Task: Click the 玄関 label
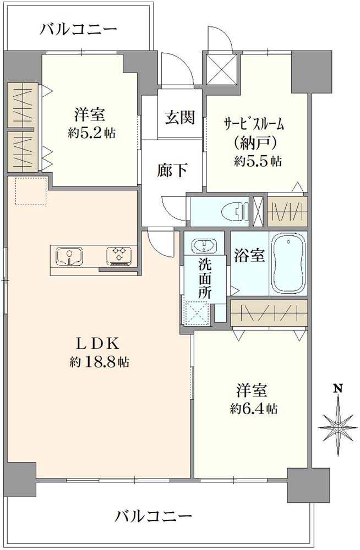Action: coord(180,117)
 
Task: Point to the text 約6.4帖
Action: coord(254,409)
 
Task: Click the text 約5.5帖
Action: coord(257,161)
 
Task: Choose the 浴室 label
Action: coord(249,257)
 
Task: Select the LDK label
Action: coord(98,344)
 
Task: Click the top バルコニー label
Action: coord(78,29)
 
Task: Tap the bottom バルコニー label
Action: coord(154,516)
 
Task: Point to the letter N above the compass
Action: coord(338,389)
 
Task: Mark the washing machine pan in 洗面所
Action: coord(197,314)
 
